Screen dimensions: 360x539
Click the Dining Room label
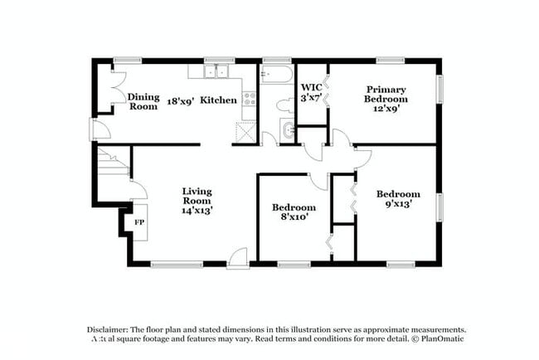coord(143,101)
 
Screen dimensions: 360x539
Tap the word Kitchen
coord(219,100)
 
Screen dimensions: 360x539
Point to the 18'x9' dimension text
coord(179,100)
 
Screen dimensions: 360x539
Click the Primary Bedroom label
coord(385,94)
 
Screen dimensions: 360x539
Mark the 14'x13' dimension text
coord(197,211)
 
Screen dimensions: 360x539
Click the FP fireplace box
coord(138,223)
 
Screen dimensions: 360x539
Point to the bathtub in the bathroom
coord(274,77)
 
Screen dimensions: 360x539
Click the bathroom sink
coord(287,129)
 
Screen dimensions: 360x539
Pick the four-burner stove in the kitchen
coord(249,100)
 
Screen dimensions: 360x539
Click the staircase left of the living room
coord(112,161)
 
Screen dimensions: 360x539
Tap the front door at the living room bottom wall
coord(238,258)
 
